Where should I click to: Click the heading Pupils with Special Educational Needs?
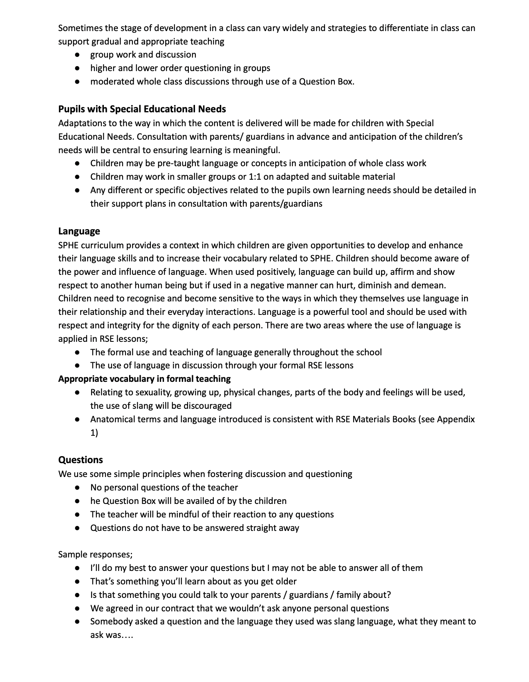coord(142,109)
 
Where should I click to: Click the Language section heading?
coord(79,231)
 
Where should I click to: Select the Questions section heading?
coord(81,460)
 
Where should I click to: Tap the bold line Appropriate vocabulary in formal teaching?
coord(144,379)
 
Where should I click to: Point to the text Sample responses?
coord(95,554)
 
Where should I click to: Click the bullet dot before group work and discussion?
coord(77,55)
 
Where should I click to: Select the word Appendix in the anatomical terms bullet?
coord(456,419)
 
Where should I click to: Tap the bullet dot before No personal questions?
coord(77,488)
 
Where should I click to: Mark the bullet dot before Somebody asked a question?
coord(77,622)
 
